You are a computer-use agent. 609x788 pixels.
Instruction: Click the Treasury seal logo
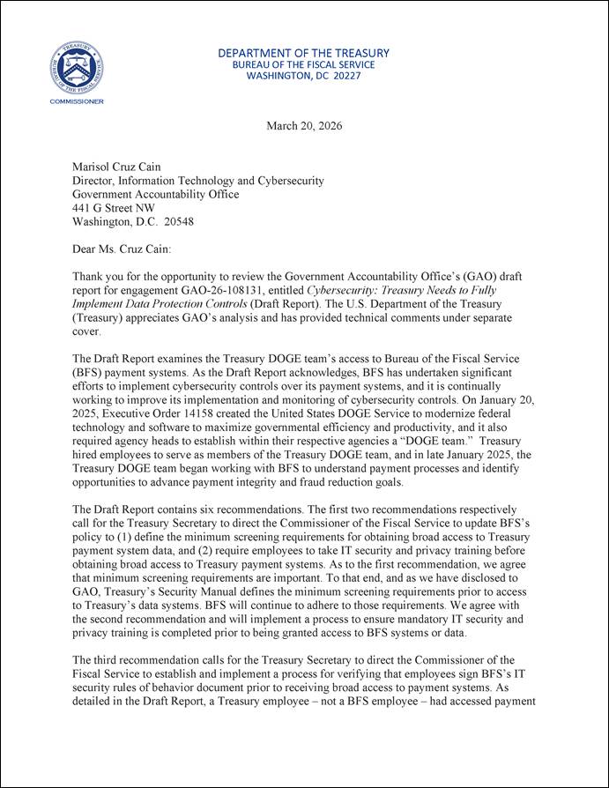(76, 67)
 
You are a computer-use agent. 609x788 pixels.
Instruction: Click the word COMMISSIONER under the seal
(76, 101)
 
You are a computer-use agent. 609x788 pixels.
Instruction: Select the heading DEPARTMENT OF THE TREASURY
(304, 53)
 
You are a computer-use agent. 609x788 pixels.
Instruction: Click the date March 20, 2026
(304, 126)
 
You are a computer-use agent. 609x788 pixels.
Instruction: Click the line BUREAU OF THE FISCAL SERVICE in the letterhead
(303, 64)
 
